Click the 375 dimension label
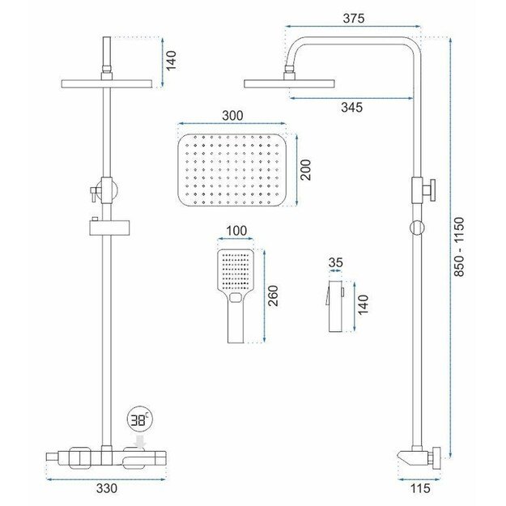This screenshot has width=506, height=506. [x=353, y=19]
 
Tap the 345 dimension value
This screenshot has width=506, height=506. [x=351, y=108]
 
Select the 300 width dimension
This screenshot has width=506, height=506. [x=232, y=116]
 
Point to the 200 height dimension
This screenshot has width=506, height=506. [x=305, y=170]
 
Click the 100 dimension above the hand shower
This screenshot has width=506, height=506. [x=236, y=231]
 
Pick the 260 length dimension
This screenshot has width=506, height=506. [x=273, y=296]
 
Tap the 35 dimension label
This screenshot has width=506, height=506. [x=336, y=262]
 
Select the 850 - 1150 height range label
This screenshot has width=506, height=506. [x=458, y=247]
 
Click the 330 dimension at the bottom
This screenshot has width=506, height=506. [x=107, y=488]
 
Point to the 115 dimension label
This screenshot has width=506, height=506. [x=421, y=488]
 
